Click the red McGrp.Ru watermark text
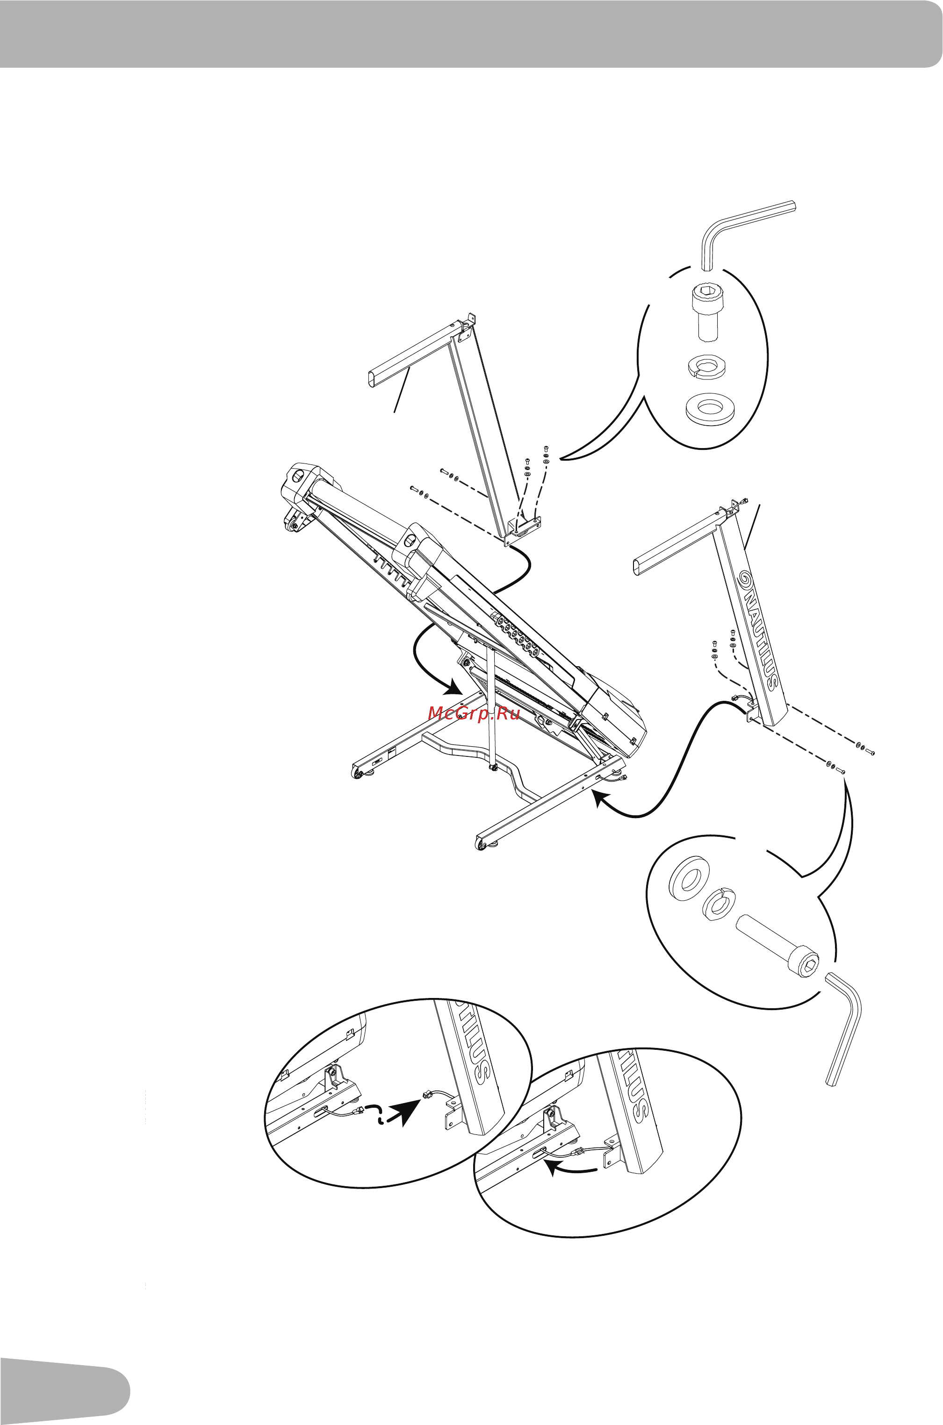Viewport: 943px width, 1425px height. point(473,713)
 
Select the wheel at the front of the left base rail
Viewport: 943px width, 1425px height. point(356,774)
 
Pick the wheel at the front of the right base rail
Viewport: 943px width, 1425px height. point(482,846)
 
